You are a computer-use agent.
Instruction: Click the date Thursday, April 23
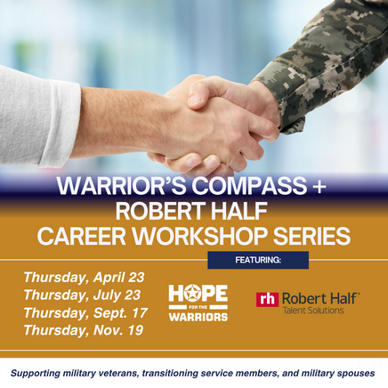(84, 277)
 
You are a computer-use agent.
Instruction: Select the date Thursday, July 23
(81, 295)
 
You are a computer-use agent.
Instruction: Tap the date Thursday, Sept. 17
(84, 312)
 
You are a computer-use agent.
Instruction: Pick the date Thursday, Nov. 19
(82, 330)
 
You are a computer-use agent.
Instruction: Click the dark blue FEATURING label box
(258, 260)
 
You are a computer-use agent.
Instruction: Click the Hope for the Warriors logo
(198, 303)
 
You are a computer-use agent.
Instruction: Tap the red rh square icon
(267, 300)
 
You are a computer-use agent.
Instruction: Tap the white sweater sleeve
(36, 116)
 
